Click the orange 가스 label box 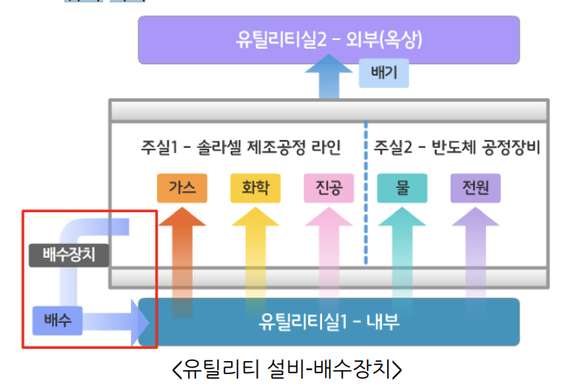click(x=182, y=189)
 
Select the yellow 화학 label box click(x=255, y=189)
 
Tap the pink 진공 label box click(x=328, y=189)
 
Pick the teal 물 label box click(x=402, y=189)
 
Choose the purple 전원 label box click(x=476, y=189)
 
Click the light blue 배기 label click(x=383, y=76)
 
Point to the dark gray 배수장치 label click(x=68, y=255)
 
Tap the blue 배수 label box click(x=58, y=320)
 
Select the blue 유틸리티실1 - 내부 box click(x=328, y=322)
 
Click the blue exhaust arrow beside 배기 click(x=329, y=81)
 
